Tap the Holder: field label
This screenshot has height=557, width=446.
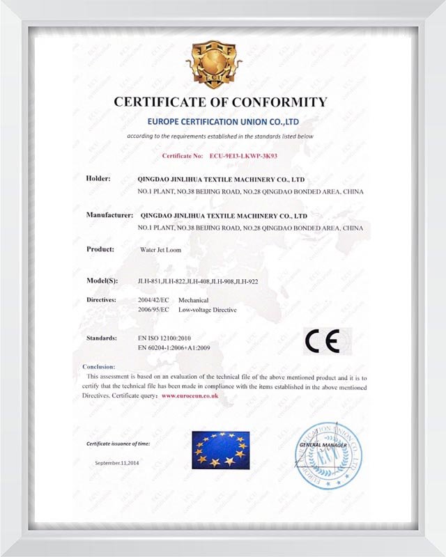pos(98,179)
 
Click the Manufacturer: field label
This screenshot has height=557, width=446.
pos(109,215)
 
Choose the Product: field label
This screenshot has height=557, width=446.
pos(100,249)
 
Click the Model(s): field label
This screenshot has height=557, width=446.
pos(102,280)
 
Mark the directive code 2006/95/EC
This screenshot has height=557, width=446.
pos(154,308)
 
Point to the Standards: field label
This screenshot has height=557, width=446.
pos(102,338)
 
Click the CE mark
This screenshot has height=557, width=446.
pos(322,341)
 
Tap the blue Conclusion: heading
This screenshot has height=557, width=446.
pos(99,366)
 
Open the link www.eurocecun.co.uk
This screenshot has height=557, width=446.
pos(190,395)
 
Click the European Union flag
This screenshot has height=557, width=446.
pos(220,449)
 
